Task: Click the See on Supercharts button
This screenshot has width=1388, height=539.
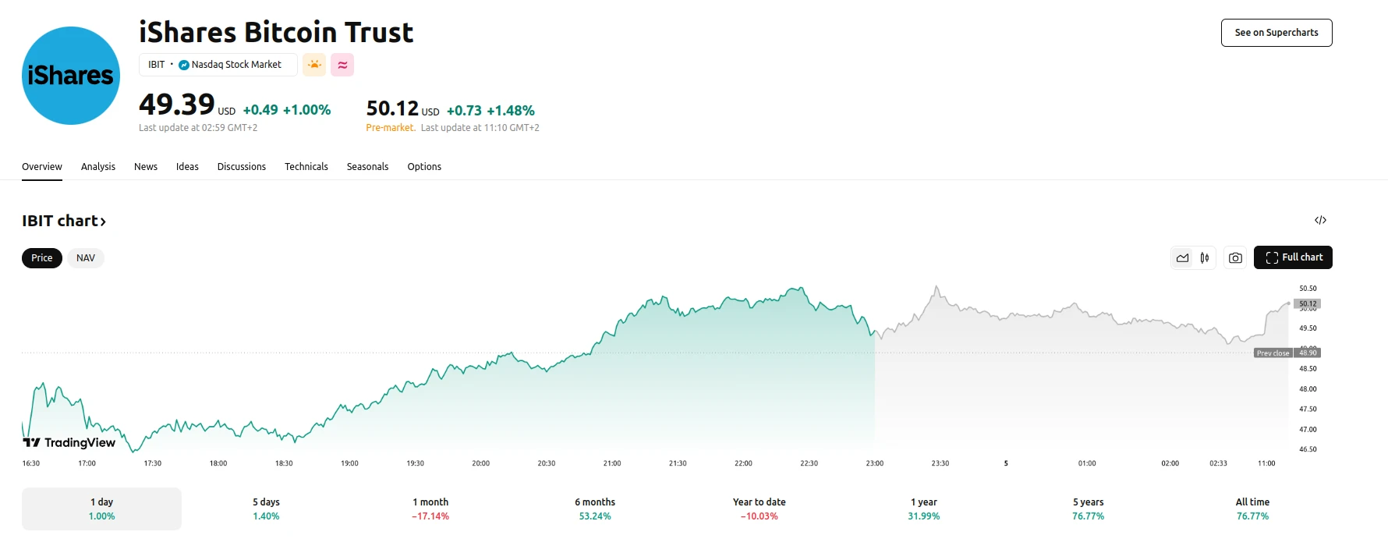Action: coord(1276,33)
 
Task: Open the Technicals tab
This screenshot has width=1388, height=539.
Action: coord(306,167)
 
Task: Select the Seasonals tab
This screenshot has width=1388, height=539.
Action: coord(367,167)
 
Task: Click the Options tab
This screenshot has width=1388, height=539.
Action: coord(424,167)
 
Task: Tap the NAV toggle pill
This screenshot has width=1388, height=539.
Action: coord(86,258)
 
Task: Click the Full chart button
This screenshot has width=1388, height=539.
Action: coord(1293,257)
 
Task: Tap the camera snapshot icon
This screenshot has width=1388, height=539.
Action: coord(1235,258)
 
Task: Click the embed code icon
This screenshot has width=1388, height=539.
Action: coord(1320,220)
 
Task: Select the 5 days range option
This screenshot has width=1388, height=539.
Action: coord(266,509)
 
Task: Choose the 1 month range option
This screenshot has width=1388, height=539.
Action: coord(430,509)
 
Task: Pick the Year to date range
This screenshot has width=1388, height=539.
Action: coord(760,509)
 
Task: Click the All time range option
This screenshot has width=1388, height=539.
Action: coord(1252,509)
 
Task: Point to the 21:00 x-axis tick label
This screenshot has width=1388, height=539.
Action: coord(612,463)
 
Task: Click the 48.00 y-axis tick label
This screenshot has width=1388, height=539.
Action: coord(1308,389)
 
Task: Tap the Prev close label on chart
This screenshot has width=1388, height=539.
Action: coord(1273,353)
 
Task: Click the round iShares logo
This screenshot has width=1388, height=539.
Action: coord(71,76)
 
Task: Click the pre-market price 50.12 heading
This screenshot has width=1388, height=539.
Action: coord(392,108)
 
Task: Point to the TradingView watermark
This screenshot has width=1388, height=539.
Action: coord(69,443)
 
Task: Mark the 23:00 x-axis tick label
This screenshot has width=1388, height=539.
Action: coord(874,463)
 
